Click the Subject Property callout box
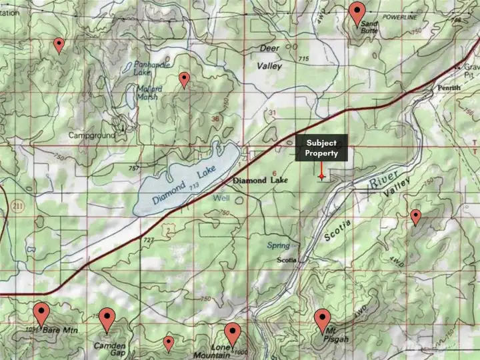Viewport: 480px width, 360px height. (321, 147)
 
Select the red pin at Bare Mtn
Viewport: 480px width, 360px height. (42, 313)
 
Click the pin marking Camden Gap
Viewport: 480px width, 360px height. (107, 319)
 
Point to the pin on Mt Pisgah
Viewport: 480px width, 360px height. (323, 320)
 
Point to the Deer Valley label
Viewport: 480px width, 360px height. (269, 57)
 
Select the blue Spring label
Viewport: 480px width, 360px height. (279, 245)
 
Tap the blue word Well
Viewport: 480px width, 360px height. (221, 199)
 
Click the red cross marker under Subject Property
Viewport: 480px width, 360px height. (322, 176)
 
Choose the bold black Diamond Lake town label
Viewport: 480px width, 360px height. (259, 181)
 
